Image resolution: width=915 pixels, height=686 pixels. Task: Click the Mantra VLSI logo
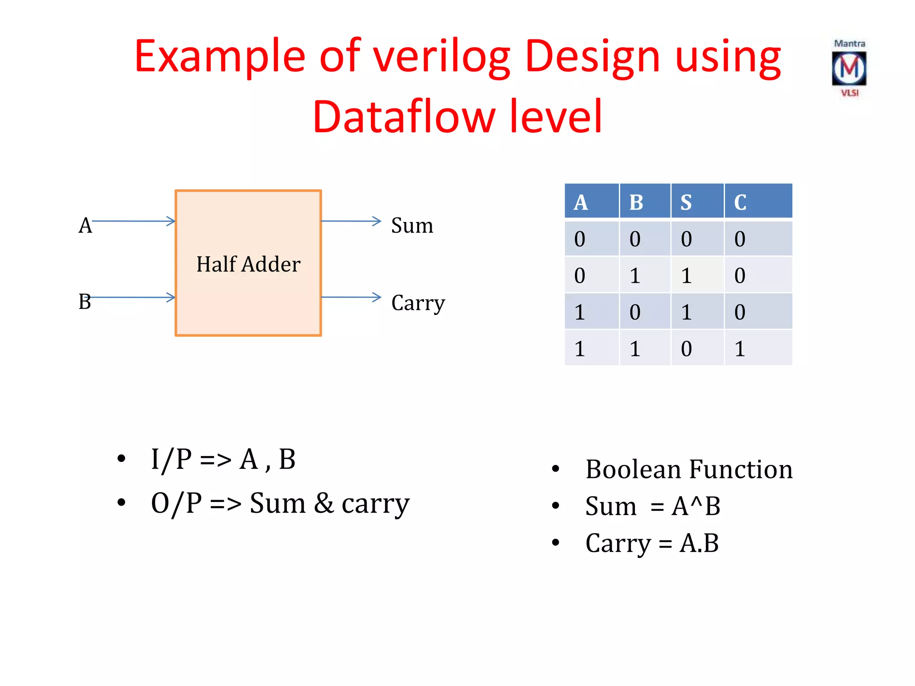point(849,68)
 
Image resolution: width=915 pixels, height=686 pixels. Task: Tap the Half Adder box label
point(248,264)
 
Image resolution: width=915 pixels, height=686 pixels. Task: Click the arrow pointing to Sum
point(351,221)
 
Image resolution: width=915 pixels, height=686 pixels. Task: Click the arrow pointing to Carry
point(351,297)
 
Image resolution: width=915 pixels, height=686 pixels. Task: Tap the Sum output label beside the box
point(412,226)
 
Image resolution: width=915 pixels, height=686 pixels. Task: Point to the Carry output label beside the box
point(418,303)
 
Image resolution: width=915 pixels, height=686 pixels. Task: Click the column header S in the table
point(686,202)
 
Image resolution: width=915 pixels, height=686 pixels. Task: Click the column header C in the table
point(740,202)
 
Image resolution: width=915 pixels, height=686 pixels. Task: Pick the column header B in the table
point(636,202)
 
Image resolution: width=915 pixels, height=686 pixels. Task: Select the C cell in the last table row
point(740,348)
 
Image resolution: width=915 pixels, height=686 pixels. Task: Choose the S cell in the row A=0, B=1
point(686,276)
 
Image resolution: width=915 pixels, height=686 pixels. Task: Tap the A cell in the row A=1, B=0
point(579,312)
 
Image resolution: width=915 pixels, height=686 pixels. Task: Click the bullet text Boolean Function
point(689,469)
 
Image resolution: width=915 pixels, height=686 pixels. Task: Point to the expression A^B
point(696,506)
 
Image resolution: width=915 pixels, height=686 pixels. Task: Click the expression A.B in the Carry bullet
point(699,544)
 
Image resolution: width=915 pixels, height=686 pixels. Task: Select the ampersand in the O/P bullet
point(324,503)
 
